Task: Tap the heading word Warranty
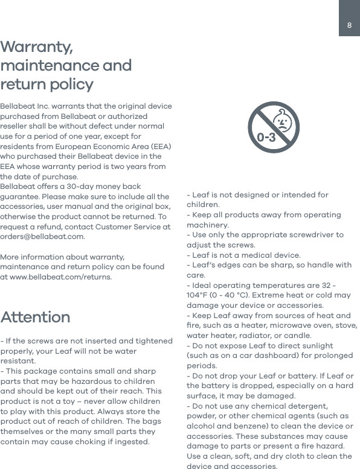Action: (x=37, y=47)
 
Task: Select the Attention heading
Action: (x=35, y=317)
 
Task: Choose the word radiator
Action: (x=271, y=335)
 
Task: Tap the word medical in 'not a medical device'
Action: (x=257, y=255)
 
